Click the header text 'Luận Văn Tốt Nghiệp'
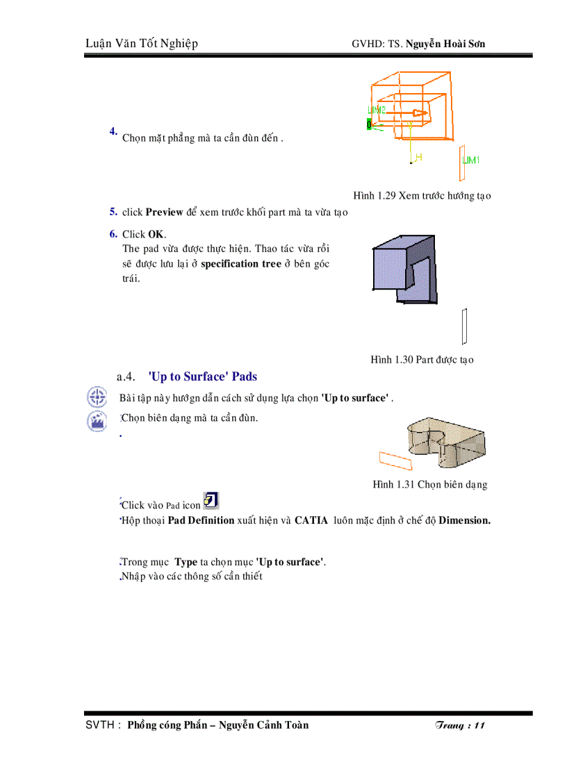pyautogui.click(x=141, y=44)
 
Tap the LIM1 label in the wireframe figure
pyautogui.click(x=471, y=160)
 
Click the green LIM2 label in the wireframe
pyautogui.click(x=376, y=110)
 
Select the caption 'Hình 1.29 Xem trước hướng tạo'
pyautogui.click(x=422, y=196)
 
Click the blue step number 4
pyautogui.click(x=113, y=131)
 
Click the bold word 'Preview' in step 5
pyautogui.click(x=164, y=213)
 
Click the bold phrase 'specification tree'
pyautogui.click(x=240, y=264)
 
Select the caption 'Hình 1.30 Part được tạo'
pyautogui.click(x=422, y=360)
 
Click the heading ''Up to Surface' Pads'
pyautogui.click(x=203, y=377)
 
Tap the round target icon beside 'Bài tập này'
pyautogui.click(x=97, y=398)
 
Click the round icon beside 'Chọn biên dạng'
pyautogui.click(x=97, y=421)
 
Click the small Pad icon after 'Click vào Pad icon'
pyautogui.click(x=211, y=501)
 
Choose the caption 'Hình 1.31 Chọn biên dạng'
pyautogui.click(x=429, y=485)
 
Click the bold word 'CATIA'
pyautogui.click(x=311, y=520)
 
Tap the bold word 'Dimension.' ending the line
pyautogui.click(x=464, y=520)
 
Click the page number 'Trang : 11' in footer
pyautogui.click(x=459, y=725)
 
